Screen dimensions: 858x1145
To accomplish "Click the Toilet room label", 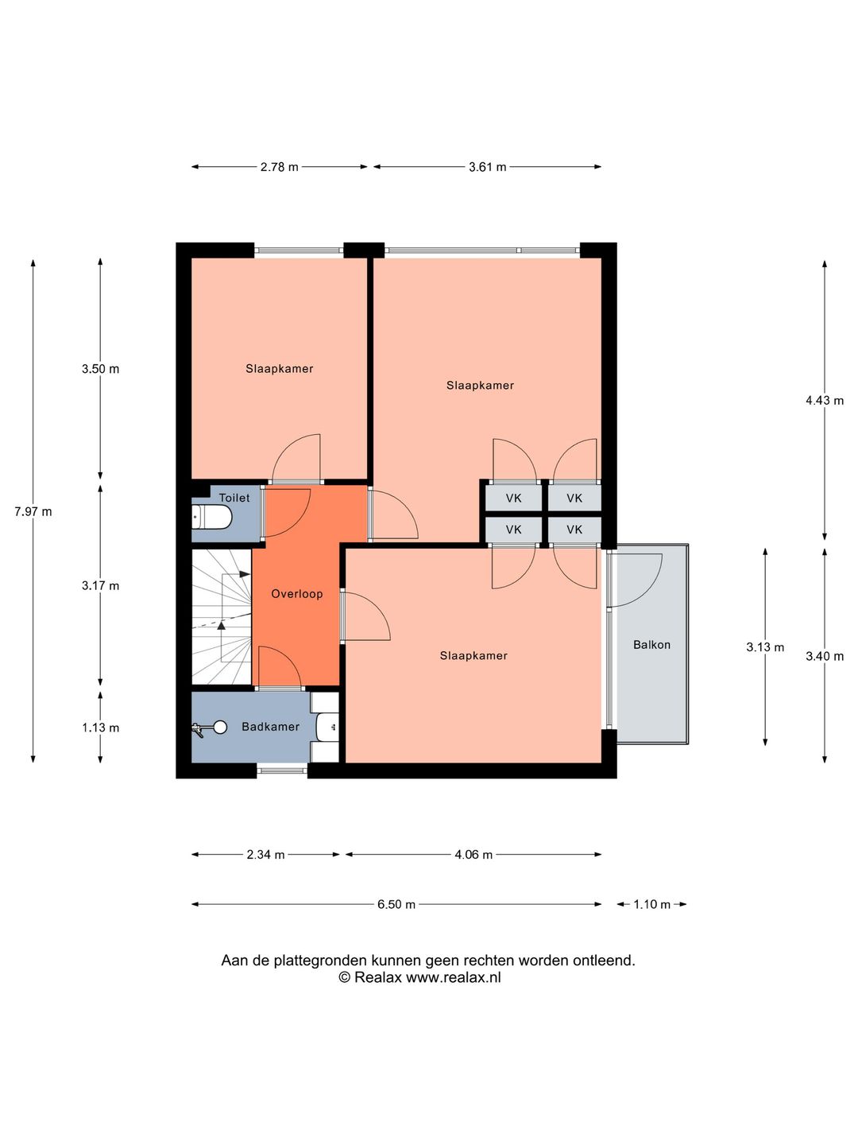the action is coord(234,498).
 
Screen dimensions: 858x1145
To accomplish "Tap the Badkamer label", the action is coord(270,727).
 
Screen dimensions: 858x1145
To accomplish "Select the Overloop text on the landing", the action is coord(297,594).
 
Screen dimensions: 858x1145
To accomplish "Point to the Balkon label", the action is coord(651,645).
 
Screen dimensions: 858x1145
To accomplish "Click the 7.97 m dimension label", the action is coord(33,512).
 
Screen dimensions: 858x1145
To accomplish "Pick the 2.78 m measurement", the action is coord(279,167).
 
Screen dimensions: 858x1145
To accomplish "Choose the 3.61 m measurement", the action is coord(488,167).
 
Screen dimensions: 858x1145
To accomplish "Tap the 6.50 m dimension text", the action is coord(396,905).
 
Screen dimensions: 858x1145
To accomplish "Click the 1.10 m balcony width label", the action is coord(651,905).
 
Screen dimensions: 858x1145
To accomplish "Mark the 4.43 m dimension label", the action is coord(825,401).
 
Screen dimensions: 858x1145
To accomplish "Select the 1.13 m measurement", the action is coord(101,728).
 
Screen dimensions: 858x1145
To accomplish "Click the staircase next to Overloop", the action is coord(222,616).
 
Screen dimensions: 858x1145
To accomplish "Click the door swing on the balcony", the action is coord(635,580).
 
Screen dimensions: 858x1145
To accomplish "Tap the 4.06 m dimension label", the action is coord(473,855).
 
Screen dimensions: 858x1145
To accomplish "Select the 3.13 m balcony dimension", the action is coord(765,647).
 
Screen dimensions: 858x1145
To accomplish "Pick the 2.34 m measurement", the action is coord(265,855).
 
